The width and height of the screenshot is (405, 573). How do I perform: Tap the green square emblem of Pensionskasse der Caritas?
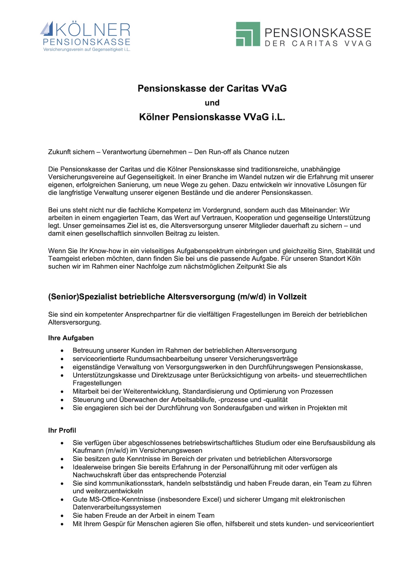[248, 34]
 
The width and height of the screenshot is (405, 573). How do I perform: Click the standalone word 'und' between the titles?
[212, 103]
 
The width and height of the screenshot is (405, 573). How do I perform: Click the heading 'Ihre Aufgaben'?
[71, 338]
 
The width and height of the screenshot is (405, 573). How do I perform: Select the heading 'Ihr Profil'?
[62, 430]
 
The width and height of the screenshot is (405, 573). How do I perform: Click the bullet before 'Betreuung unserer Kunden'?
[62, 351]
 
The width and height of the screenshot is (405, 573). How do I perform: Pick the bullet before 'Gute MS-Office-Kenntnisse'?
[62, 500]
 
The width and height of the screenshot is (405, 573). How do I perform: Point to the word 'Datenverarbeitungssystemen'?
[117, 507]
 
